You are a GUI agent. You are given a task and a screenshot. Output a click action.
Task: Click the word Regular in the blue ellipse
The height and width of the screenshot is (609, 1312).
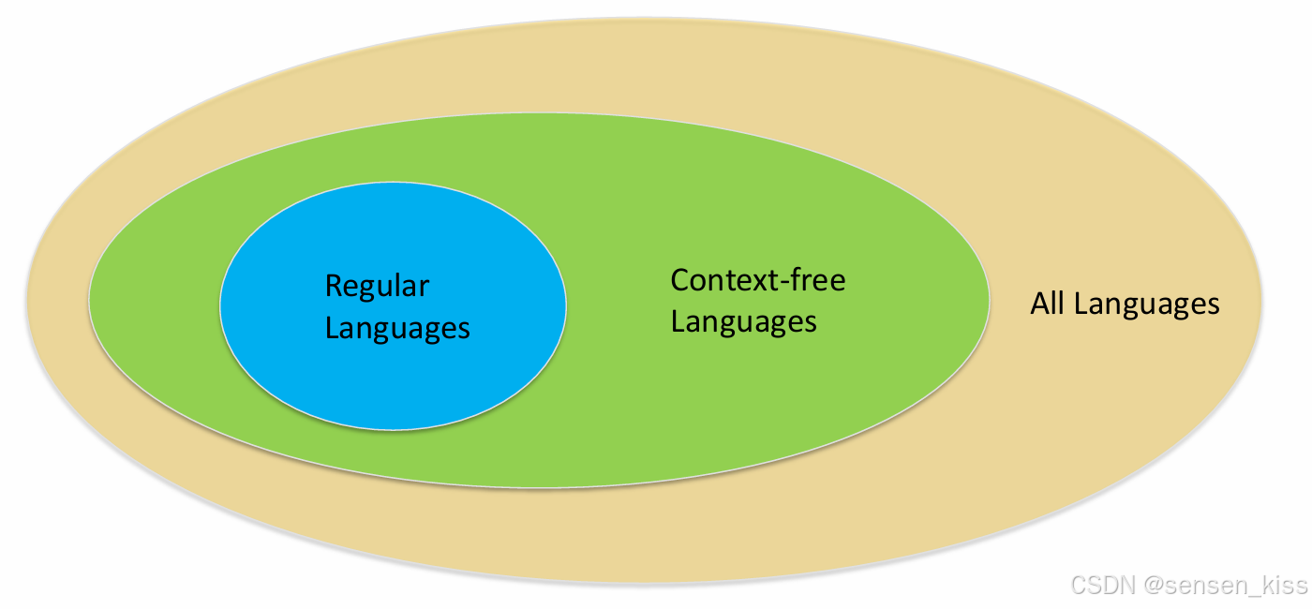(377, 286)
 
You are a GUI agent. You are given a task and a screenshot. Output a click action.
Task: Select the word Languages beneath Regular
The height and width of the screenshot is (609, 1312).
(397, 328)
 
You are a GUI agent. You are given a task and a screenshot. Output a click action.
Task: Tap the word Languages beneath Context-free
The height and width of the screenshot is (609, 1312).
(743, 321)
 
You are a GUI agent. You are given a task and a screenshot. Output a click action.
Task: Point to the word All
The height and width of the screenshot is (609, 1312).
(1049, 304)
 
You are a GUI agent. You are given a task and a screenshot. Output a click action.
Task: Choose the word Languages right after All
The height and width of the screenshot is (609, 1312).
(1147, 304)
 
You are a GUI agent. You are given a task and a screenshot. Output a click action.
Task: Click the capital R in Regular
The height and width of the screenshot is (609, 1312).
(333, 286)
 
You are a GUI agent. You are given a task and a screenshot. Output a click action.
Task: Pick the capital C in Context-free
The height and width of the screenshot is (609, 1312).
(680, 280)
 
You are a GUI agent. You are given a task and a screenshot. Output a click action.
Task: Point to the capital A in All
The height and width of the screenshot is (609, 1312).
(1039, 304)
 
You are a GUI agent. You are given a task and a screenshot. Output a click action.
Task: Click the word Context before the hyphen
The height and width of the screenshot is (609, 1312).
(722, 280)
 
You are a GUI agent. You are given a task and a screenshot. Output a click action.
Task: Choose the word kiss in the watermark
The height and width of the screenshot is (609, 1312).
(1284, 587)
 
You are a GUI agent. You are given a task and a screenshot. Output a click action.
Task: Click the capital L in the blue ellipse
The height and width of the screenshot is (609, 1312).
(331, 328)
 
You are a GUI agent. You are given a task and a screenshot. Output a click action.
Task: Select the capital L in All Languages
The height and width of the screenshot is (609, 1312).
(1080, 304)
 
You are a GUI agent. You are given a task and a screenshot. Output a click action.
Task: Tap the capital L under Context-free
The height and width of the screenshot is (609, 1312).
(677, 321)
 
